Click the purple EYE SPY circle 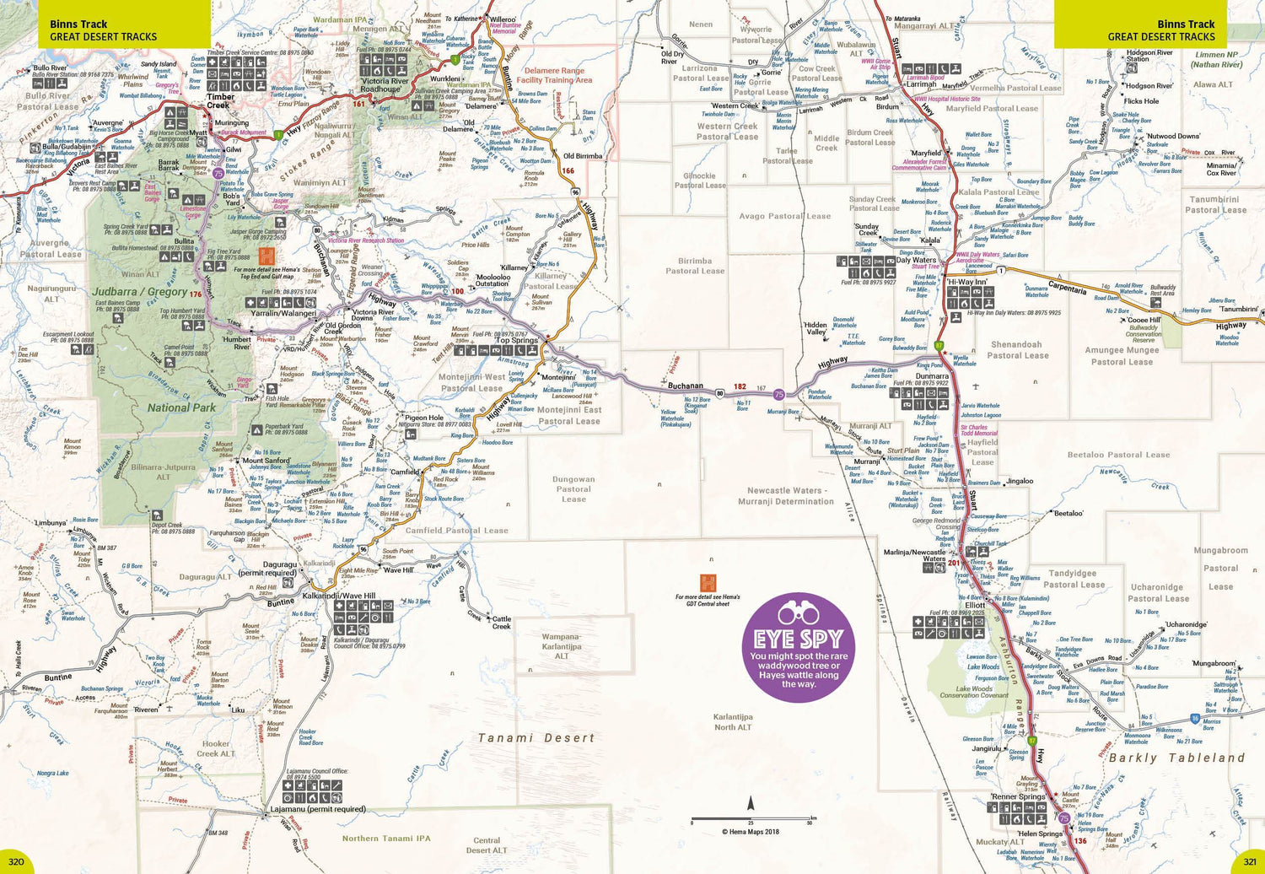click(796, 647)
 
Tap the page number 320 click(17, 861)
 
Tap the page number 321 click(1247, 861)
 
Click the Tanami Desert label click(536, 738)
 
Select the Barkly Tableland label click(1176, 758)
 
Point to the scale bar click(752, 817)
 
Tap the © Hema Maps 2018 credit click(751, 832)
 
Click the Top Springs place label click(517, 341)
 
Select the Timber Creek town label click(219, 101)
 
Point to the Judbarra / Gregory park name click(140, 292)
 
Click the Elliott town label click(975, 605)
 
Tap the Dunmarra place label click(932, 376)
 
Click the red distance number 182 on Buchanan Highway click(740, 386)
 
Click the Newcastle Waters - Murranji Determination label click(790, 496)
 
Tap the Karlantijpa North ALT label click(733, 722)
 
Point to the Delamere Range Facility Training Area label click(554, 76)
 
